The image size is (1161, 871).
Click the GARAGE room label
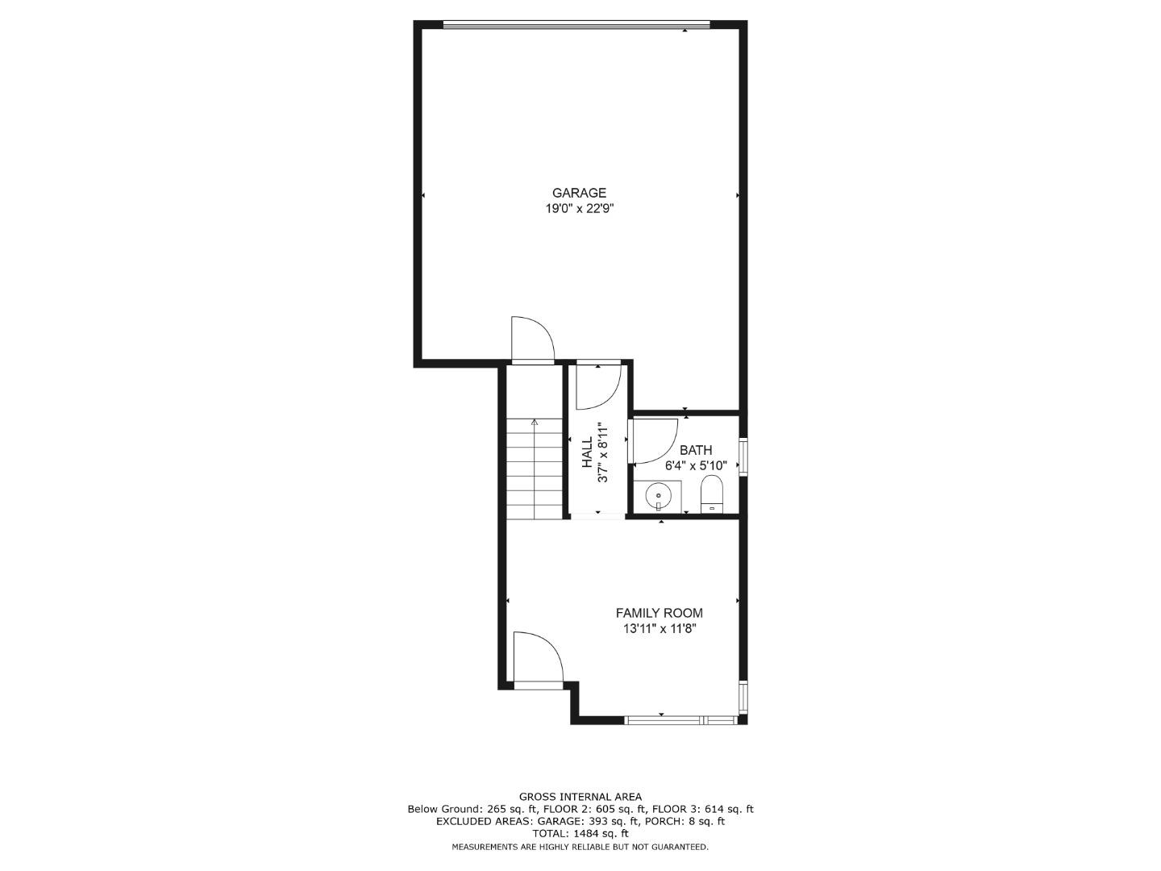pyautogui.click(x=579, y=193)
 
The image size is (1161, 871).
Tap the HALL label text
pyautogui.click(x=587, y=452)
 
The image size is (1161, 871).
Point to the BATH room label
pyautogui.click(x=696, y=450)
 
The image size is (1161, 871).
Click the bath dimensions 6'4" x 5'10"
pyautogui.click(x=696, y=465)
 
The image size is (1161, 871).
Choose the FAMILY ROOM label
pyautogui.click(x=659, y=613)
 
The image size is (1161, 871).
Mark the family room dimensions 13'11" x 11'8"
pyautogui.click(x=659, y=629)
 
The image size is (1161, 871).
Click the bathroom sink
pyautogui.click(x=660, y=494)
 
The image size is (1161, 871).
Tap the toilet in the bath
pyautogui.click(x=712, y=494)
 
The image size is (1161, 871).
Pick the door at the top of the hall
pyautogui.click(x=597, y=385)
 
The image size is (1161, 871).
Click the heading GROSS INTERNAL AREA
pyautogui.click(x=580, y=797)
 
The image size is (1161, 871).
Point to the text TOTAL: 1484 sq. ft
pyautogui.click(x=580, y=834)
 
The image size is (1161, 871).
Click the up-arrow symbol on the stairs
pyautogui.click(x=535, y=422)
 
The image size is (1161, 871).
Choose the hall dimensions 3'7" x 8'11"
pyautogui.click(x=601, y=452)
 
